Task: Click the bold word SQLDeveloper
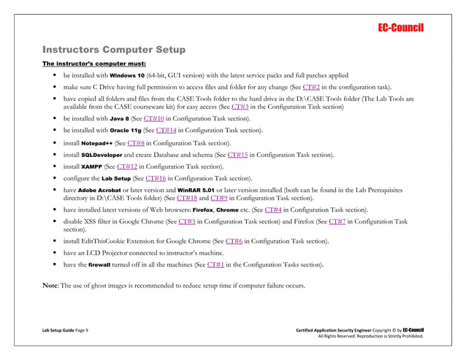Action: [103, 155]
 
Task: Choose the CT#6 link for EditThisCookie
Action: [234, 241]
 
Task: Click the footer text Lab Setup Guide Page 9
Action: [65, 332]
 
